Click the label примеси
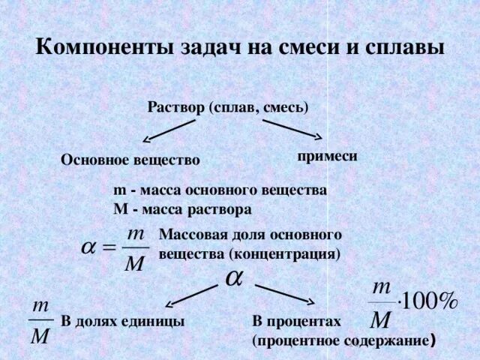[x=327, y=156]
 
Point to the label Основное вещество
[x=130, y=160]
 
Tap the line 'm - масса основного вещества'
[x=219, y=190]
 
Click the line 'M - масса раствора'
[x=182, y=208]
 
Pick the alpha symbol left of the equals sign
[x=88, y=247]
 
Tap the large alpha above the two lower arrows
[x=233, y=276]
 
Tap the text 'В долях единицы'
[x=123, y=321]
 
